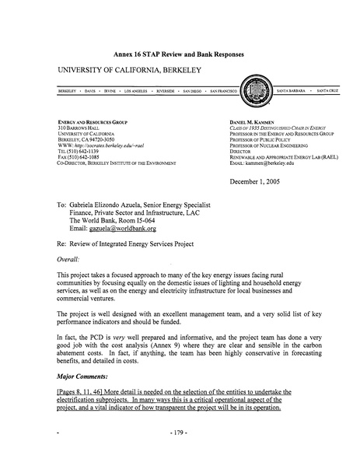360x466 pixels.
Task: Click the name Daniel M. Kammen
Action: [251, 122]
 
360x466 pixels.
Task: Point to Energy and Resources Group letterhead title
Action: [93, 122]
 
